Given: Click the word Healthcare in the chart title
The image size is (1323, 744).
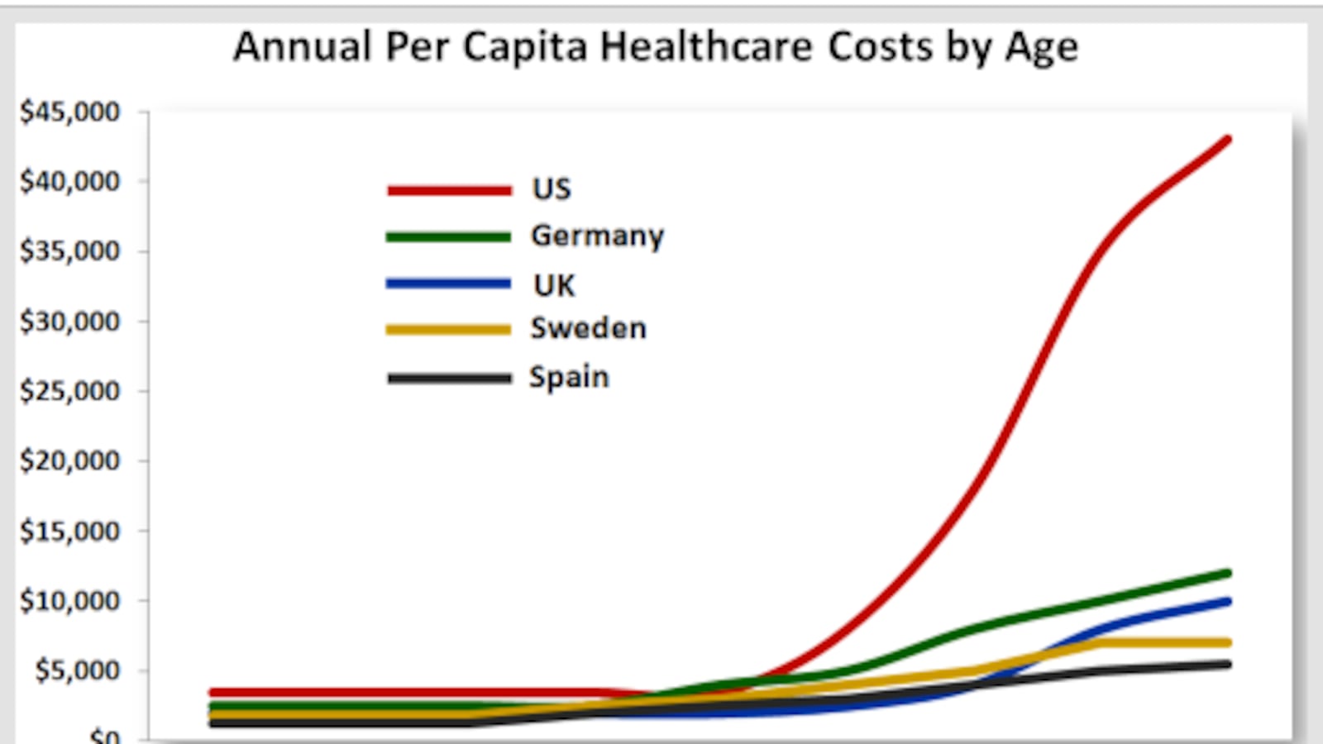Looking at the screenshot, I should tap(708, 47).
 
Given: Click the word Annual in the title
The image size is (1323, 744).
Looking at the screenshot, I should tap(302, 47).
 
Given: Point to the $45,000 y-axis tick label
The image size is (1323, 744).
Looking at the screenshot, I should tap(70, 112).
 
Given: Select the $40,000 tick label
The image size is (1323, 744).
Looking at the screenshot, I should tap(70, 181).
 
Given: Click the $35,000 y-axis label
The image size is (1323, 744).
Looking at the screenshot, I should tap(70, 250).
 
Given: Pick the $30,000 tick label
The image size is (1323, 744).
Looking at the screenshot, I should tap(70, 321).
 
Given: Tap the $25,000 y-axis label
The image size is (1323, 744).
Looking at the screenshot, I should tap(70, 390).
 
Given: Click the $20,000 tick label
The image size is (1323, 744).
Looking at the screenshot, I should tap(70, 460).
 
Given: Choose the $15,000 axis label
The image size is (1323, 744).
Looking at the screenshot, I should tap(70, 531).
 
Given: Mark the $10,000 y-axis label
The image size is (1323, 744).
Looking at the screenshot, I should tap(70, 601).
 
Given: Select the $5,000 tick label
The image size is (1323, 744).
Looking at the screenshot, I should tap(77, 670).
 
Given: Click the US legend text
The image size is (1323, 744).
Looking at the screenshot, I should tap(552, 189).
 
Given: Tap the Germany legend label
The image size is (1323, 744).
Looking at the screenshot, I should tap(597, 236).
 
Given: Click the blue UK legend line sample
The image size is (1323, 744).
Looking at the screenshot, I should tap(449, 284).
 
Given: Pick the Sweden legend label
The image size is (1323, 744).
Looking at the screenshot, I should tap(588, 329).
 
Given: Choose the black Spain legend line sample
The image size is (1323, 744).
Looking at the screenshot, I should tap(449, 379).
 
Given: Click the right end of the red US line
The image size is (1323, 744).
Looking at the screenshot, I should tap(1227, 140).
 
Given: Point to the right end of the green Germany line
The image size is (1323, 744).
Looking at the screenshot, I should tap(1227, 573).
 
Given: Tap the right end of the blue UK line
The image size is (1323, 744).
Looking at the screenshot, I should tap(1227, 602).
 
